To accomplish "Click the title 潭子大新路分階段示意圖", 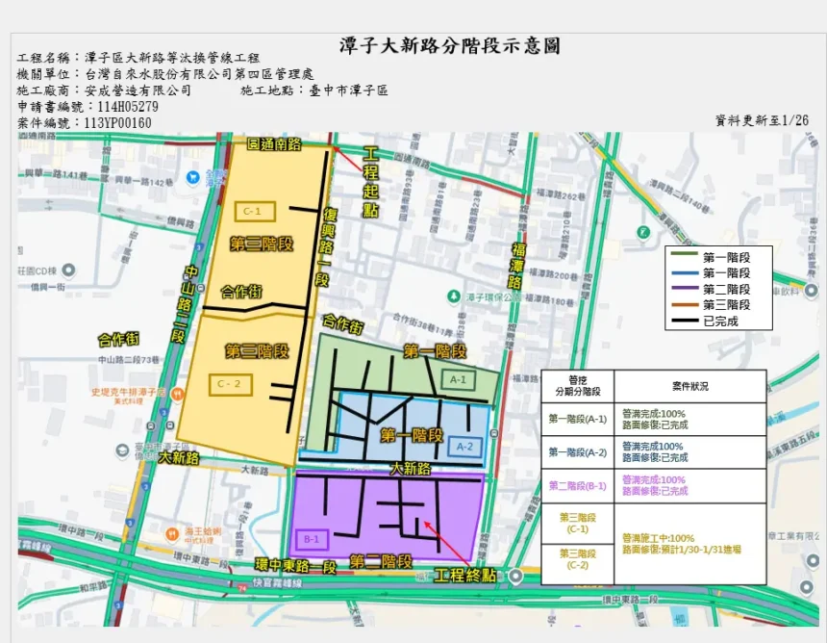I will coord(450,46).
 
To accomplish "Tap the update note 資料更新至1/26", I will coord(763,120).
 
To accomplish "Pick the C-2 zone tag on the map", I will coord(232,384).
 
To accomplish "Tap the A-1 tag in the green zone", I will coord(460,379).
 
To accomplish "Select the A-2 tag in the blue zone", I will coord(464,446).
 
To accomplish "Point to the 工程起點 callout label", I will coord(371,182).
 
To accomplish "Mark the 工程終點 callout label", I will coord(464,576).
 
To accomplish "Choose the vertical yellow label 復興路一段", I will coord(325,244).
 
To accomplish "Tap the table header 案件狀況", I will coord(690,385).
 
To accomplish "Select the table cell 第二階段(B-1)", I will coord(577,485).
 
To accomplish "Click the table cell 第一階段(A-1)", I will coord(577,419).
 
